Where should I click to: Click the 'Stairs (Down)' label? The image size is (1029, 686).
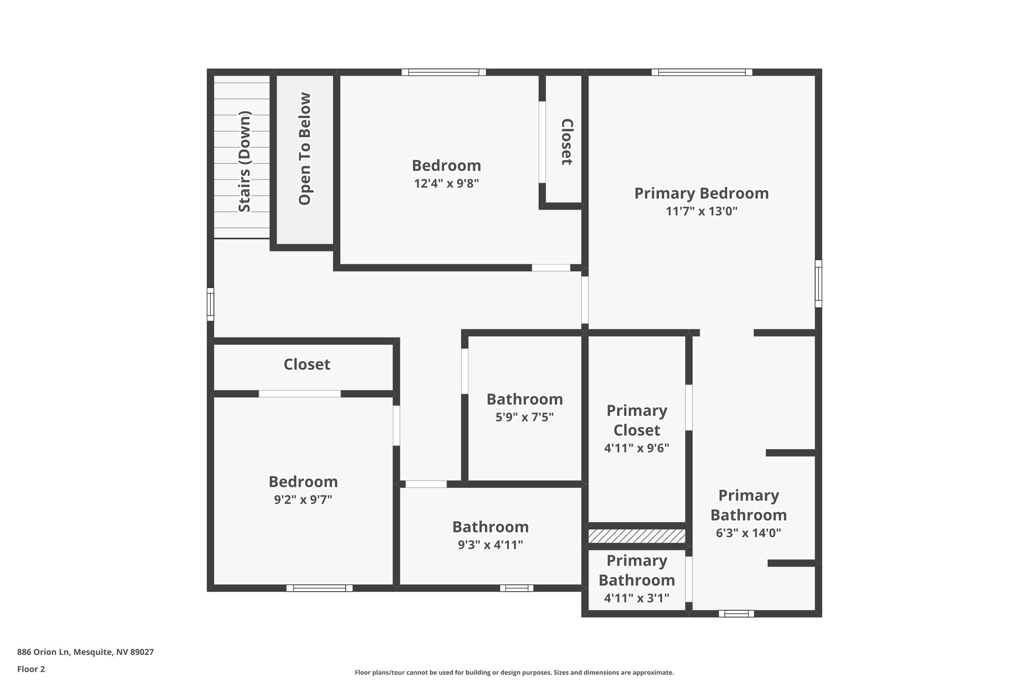(x=244, y=161)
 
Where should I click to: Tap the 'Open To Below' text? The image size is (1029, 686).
(x=305, y=149)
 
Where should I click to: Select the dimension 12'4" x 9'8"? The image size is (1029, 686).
(x=446, y=183)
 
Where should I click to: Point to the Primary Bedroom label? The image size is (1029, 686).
(x=701, y=193)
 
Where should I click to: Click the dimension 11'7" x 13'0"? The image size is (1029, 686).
(x=701, y=211)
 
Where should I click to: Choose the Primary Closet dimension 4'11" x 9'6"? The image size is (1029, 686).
(x=637, y=448)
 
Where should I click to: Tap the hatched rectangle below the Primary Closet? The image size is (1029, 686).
(x=637, y=536)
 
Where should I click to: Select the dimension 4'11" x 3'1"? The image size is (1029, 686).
(x=637, y=598)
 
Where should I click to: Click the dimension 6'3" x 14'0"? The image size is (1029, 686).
(x=748, y=533)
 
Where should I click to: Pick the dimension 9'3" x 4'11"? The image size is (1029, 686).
(x=490, y=545)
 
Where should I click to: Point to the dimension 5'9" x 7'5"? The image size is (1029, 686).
(x=525, y=417)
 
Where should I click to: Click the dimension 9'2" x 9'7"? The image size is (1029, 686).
(x=303, y=500)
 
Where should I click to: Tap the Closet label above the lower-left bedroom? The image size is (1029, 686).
(x=306, y=364)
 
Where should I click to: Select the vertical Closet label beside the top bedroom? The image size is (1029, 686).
(x=566, y=142)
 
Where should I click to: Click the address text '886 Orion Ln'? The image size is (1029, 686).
(x=44, y=652)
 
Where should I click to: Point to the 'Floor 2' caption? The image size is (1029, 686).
(x=31, y=669)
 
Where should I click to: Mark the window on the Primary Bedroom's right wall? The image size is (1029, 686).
(x=818, y=283)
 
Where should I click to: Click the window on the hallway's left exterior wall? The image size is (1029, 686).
(x=211, y=304)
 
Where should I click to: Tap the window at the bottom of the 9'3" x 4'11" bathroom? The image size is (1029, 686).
(x=517, y=588)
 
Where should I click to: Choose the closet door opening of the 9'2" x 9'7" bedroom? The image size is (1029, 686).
(x=299, y=394)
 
